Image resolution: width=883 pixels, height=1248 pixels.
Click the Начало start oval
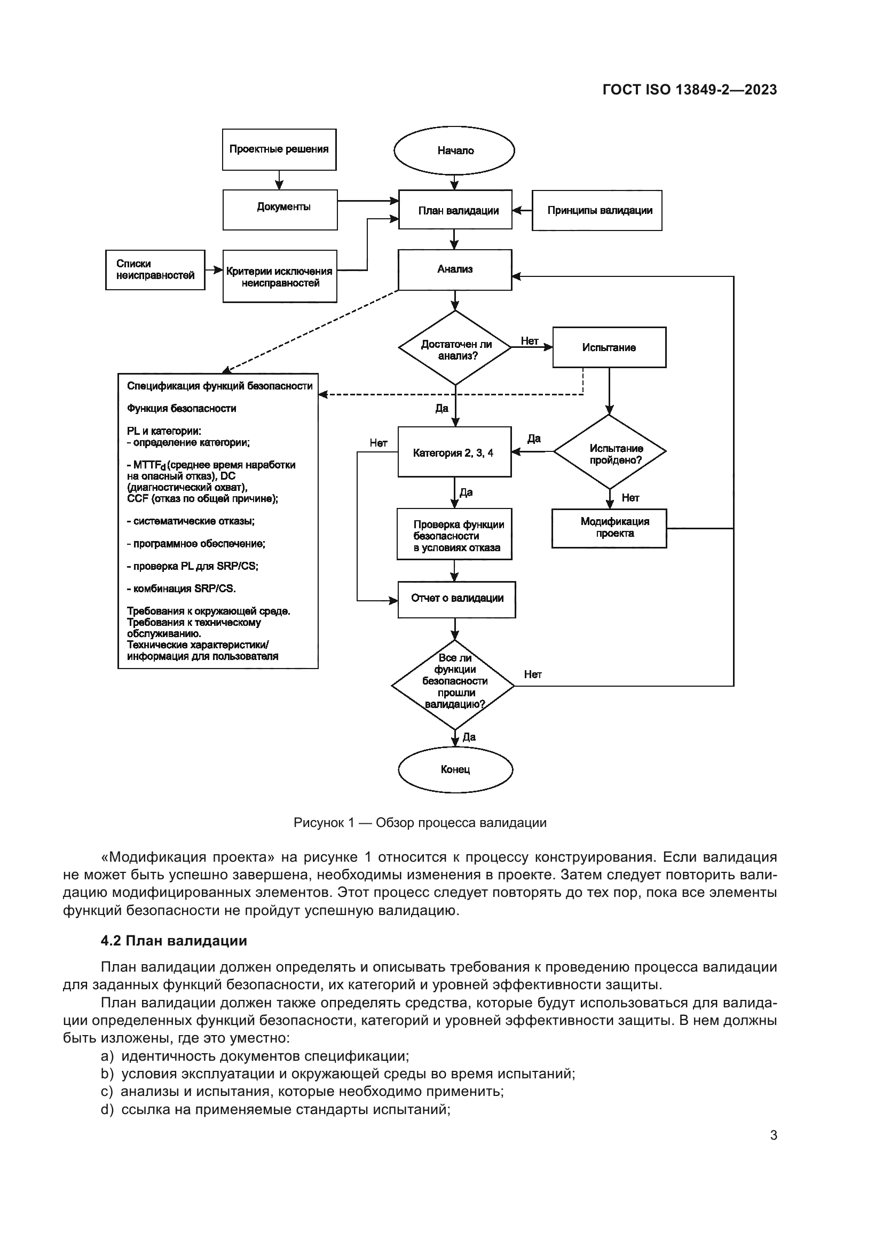[x=454, y=150]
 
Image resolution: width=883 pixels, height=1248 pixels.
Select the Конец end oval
[x=455, y=770]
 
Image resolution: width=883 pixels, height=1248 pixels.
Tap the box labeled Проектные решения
[x=279, y=149]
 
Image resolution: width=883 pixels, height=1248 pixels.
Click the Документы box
[x=280, y=209]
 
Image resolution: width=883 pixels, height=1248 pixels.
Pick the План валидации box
[x=455, y=210]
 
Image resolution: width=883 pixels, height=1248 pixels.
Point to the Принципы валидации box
[x=597, y=210]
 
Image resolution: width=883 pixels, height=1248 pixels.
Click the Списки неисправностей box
[x=155, y=269]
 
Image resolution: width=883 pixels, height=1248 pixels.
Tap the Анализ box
[x=455, y=269]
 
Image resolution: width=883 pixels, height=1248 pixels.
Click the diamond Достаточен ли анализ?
[x=455, y=348]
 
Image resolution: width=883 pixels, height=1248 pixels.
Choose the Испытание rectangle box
[x=609, y=347]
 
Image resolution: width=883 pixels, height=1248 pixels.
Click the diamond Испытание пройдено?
[x=610, y=452]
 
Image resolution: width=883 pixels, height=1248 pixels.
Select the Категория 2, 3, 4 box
[x=454, y=452]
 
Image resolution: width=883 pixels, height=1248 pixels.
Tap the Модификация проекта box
[x=609, y=528]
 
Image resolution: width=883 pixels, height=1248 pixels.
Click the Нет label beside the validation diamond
[x=532, y=674]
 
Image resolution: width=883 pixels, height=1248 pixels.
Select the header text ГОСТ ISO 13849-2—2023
[x=689, y=90]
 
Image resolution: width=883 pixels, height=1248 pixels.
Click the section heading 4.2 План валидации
[x=174, y=940]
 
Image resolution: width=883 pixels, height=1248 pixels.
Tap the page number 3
[x=773, y=1135]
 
